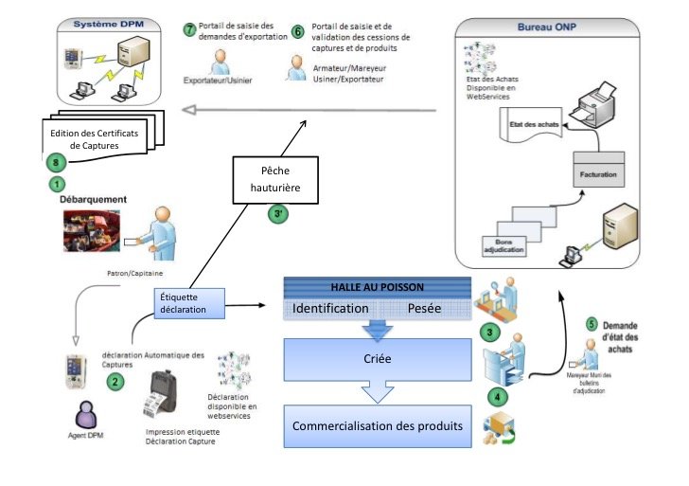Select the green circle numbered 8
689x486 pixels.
tap(56, 162)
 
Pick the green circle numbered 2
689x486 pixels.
tap(115, 382)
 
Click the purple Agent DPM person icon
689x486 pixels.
tap(87, 415)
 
